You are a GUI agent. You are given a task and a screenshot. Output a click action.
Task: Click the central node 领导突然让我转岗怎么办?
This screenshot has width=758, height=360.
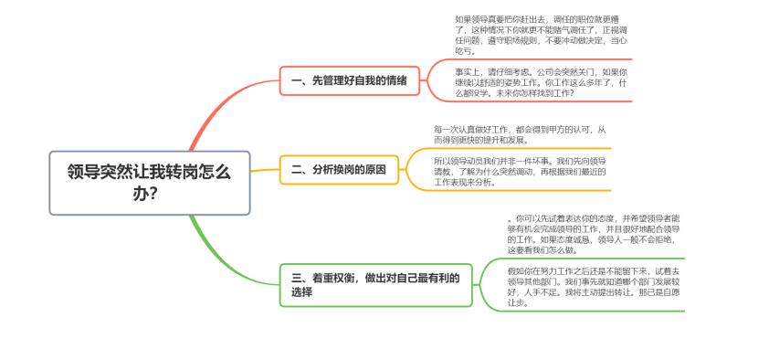[149, 182]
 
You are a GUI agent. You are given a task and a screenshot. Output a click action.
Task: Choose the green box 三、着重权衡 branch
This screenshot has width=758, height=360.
[374, 284]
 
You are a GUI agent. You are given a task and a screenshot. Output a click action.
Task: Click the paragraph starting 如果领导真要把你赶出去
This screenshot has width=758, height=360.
[542, 34]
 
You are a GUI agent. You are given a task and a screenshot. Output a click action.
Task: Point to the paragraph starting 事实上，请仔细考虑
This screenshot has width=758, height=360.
[542, 81]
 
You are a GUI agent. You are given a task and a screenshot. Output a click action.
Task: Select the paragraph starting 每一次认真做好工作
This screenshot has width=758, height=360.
[519, 134]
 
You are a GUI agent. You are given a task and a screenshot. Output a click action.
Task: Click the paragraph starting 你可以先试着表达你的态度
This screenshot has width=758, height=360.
[594, 234]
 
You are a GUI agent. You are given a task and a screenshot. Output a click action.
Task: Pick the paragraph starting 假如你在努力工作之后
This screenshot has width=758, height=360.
[594, 286]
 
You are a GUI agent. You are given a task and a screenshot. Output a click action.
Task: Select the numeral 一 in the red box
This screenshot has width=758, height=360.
[296, 80]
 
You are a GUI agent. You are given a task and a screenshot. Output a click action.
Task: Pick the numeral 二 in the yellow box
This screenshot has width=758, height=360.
[296, 169]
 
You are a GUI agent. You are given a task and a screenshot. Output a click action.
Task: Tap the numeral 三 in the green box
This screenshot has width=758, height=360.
[296, 277]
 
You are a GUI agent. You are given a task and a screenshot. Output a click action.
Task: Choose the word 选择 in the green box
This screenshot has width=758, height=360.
[302, 292]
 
